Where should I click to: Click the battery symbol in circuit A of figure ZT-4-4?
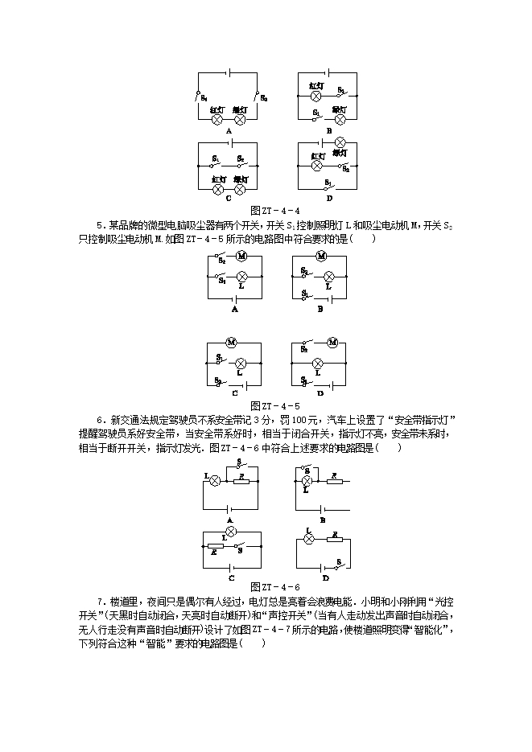(229, 73)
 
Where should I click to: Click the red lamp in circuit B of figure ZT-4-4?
(315, 95)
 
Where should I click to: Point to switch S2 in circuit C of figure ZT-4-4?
(241, 166)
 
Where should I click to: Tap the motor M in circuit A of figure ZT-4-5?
(240, 257)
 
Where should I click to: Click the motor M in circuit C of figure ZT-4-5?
(231, 342)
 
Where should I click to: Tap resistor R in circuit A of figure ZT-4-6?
(241, 481)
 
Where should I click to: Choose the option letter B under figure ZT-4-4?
(328, 130)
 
